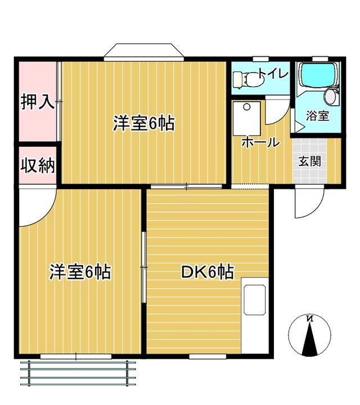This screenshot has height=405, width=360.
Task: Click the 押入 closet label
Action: [38, 102]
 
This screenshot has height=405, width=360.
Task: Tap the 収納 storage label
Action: [38, 165]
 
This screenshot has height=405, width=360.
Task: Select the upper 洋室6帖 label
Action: [144, 123]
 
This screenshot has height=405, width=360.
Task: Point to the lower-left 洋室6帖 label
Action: [80, 272]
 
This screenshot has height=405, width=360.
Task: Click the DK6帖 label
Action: [208, 272]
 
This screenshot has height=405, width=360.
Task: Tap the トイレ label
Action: [274, 74]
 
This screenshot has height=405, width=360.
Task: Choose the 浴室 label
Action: [317, 116]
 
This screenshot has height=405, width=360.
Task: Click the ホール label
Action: [260, 142]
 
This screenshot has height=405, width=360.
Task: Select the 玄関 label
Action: [309, 161]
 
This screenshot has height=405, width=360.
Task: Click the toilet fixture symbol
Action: [249, 80]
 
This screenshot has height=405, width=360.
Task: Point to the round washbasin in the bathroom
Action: [330, 97]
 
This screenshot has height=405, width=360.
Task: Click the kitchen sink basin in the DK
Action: [255, 300]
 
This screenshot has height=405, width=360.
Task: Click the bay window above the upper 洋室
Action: [144, 52]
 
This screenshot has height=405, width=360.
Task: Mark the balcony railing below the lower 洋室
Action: [78, 373]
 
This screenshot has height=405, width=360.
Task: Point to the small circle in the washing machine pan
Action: [247, 106]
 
